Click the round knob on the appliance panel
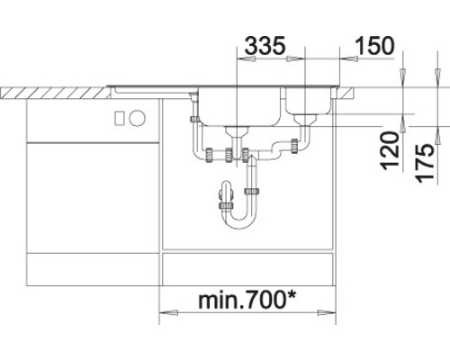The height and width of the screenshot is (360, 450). tap(138, 117)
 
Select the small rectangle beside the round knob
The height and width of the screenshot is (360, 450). tap(120, 117)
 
